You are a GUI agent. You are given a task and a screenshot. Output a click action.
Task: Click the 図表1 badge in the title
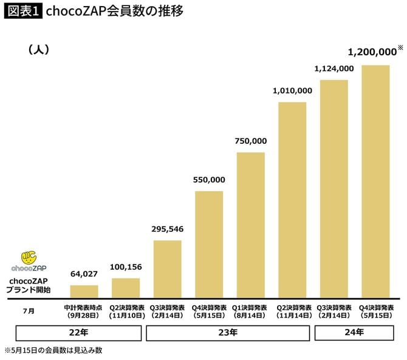click(x=23, y=12)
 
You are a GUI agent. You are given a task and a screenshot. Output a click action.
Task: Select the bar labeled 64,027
click(x=79, y=291)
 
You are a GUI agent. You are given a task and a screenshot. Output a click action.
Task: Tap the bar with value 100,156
click(x=126, y=288)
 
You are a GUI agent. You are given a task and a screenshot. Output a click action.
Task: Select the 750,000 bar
click(x=250, y=225)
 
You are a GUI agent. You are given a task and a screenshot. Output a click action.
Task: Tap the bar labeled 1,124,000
click(x=333, y=188)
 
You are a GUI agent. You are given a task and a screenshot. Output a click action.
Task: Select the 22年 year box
click(x=79, y=332)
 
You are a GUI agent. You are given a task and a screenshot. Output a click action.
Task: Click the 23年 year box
click(x=229, y=332)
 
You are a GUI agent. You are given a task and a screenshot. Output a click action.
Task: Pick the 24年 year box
click(x=354, y=332)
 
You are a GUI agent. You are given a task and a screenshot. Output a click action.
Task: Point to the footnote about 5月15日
click(x=55, y=351)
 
